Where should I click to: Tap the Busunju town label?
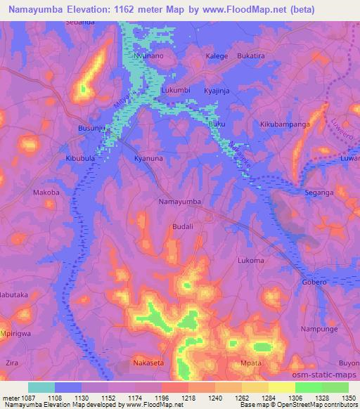pos(91,129)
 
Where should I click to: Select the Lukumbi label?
pos(176,91)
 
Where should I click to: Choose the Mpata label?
pos(251,363)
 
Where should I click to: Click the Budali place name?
pos(184,227)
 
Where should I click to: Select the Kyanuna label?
pos(149,159)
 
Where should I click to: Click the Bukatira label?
pos(251,55)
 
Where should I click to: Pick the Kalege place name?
pos(217,55)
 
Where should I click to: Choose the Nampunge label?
pos(315,329)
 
